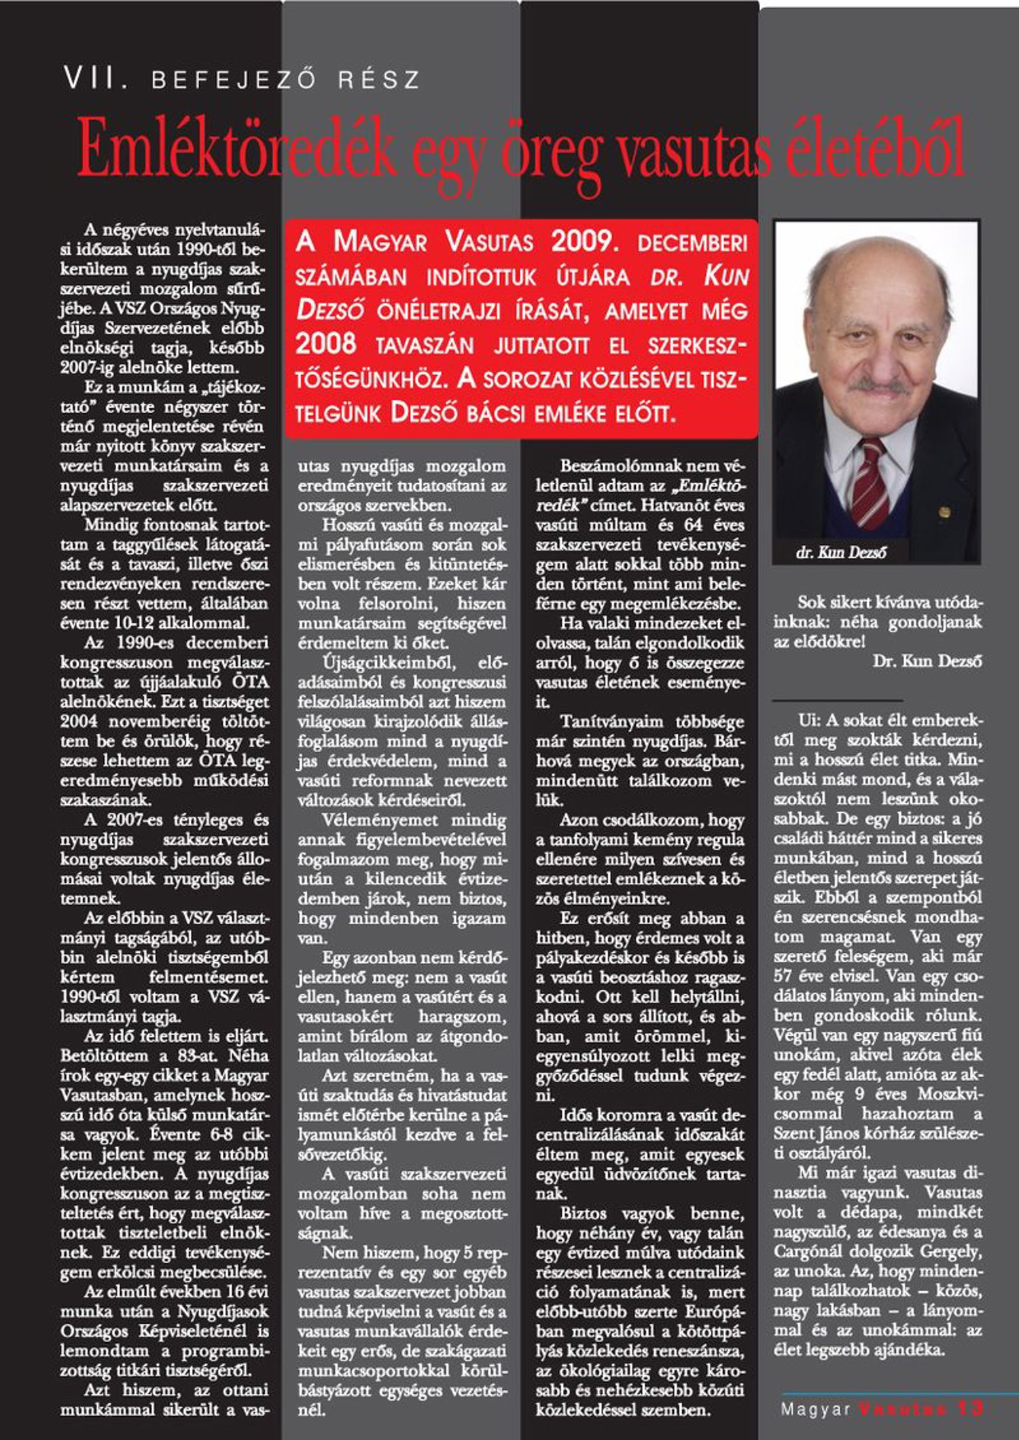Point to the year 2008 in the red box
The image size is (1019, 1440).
click(x=325, y=344)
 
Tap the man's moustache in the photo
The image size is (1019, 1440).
click(x=879, y=385)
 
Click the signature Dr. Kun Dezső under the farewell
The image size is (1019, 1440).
click(x=927, y=661)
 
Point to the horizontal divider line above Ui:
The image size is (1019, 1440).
click(x=837, y=700)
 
